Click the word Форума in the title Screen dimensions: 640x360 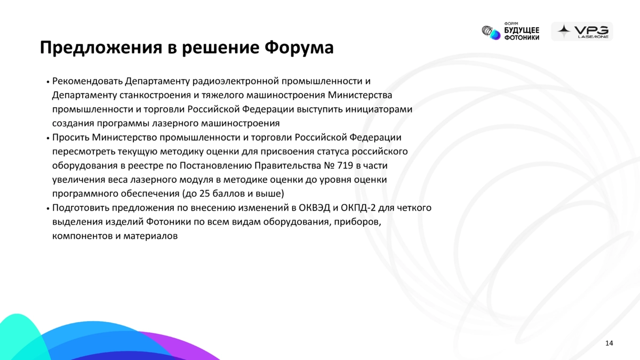tap(299, 47)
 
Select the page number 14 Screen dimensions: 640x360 tap(609, 343)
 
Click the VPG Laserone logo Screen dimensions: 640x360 tap(582, 31)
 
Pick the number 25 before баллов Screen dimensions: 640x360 tap(205, 194)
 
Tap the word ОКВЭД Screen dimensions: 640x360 tap(314, 207)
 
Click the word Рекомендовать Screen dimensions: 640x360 tap(87, 81)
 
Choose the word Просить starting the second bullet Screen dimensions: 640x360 tap(70, 138)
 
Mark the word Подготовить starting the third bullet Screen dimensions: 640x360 tap(81, 207)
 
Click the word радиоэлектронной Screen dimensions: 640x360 tap(235, 81)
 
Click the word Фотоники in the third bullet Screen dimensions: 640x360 tap(169, 222)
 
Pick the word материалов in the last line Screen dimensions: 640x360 tap(150, 236)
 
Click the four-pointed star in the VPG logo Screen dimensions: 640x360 tap(564, 31)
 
